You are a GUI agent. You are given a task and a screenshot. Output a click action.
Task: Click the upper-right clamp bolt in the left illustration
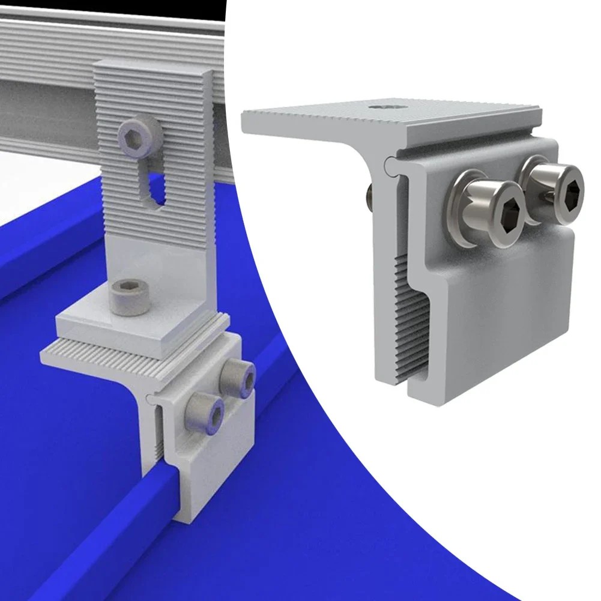point(238,376)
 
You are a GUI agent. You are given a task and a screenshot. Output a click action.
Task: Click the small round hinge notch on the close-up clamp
point(390,162)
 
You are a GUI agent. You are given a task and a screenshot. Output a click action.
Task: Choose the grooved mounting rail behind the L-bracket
point(48,90)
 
